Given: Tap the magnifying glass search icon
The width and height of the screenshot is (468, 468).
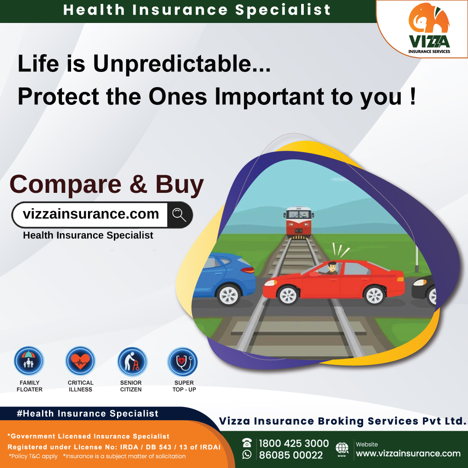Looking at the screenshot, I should click(179, 214).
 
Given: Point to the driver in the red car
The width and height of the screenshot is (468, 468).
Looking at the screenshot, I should click(332, 269).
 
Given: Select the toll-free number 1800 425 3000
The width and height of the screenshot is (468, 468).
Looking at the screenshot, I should click(294, 443).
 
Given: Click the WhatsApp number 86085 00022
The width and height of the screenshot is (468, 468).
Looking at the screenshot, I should click(291, 455).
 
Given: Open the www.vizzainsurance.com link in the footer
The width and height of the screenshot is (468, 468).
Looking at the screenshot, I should click(408, 454).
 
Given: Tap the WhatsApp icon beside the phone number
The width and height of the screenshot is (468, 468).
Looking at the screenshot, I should click(247, 454).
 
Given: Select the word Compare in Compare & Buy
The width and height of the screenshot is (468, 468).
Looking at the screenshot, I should click(65, 184).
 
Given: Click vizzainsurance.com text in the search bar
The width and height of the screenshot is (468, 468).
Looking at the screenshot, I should click(91, 214).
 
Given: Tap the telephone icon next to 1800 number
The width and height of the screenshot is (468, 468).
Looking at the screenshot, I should click(247, 443).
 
